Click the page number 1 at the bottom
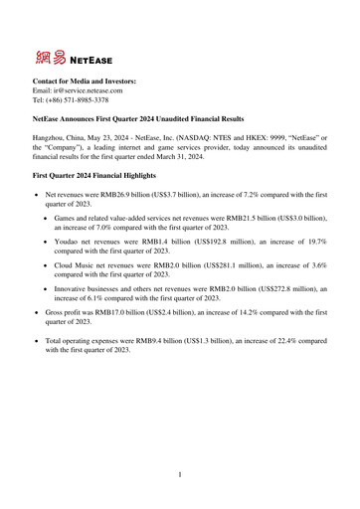click(180, 475)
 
